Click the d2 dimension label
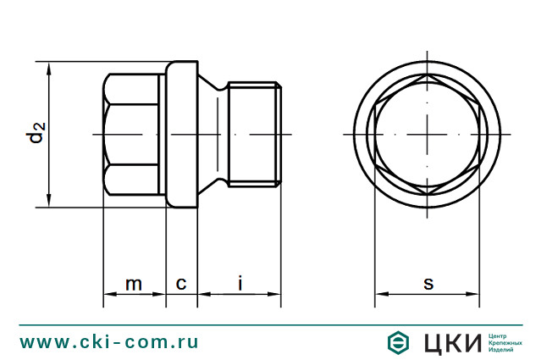pos(36,134)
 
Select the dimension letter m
pos(134,283)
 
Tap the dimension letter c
pos(181,283)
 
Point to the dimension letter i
pos(240,282)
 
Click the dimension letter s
pos(428,283)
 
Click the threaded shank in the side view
pos(255,135)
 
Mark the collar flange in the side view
pos(181,135)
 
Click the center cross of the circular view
pos(428,135)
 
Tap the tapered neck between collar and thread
pos(214,135)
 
